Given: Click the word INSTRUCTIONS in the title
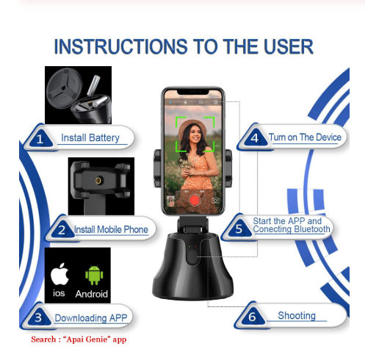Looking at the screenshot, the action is click(x=121, y=46).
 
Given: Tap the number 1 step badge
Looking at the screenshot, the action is click(x=40, y=139).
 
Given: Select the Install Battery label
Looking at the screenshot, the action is click(x=90, y=137).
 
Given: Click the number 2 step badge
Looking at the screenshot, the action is click(x=62, y=230).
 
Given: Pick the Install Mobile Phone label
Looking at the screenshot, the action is click(x=111, y=229).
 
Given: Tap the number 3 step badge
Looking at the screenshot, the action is click(x=38, y=317).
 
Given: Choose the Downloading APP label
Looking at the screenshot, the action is click(x=91, y=318).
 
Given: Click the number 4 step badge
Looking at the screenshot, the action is click(x=255, y=138).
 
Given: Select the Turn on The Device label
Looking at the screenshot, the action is click(x=305, y=137).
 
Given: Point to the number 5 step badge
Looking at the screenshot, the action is click(x=239, y=228).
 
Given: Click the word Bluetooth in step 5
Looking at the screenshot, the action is click(x=312, y=229).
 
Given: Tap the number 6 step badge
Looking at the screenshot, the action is click(x=252, y=317).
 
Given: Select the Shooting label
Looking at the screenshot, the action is click(x=297, y=315).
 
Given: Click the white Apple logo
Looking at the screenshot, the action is click(x=59, y=274).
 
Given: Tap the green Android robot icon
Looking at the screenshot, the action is click(x=94, y=275).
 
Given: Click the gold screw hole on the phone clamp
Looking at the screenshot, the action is click(x=98, y=181).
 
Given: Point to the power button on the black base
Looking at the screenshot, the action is click(x=192, y=257).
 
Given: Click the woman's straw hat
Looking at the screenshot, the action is click(x=192, y=127).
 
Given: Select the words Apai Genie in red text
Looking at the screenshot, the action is click(x=87, y=339).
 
